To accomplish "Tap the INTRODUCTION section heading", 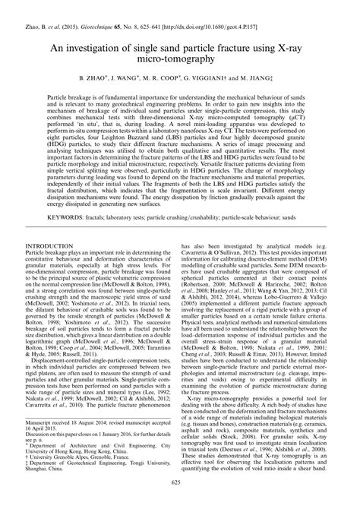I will pyautogui.click(x=53, y=247).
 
